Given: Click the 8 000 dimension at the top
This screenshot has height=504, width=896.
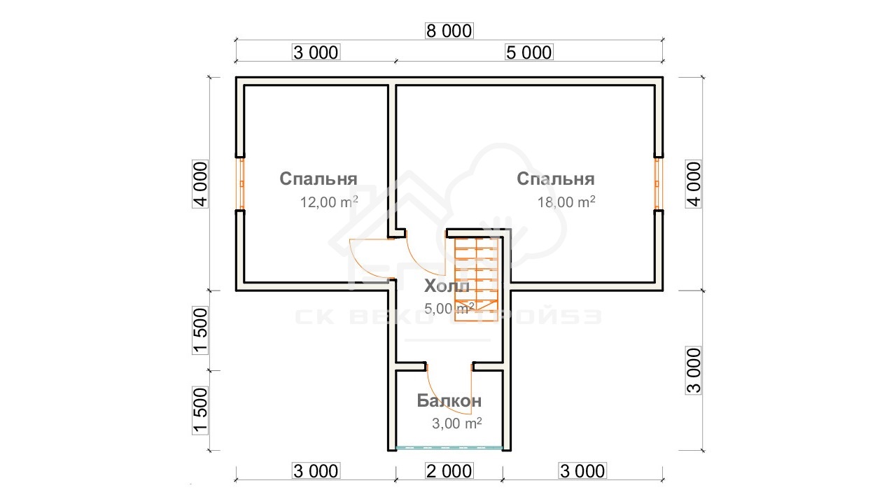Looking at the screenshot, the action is tap(449, 31).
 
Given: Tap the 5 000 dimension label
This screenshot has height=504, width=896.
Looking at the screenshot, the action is tap(528, 52).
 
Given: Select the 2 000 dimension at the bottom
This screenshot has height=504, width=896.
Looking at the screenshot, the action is tap(449, 471).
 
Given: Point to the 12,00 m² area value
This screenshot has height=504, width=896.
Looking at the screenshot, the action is tap(329, 202).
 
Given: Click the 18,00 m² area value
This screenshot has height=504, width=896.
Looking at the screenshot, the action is tap(566, 202).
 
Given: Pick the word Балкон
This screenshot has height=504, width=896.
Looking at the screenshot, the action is tap(449, 400).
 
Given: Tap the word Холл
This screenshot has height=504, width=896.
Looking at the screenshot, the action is tap(447, 286).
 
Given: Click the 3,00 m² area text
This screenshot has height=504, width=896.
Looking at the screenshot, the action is tap(457, 423).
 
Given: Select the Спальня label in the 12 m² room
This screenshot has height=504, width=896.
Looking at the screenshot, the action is tap(318, 178).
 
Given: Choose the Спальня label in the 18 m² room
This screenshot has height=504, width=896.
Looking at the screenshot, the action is tap(556, 178).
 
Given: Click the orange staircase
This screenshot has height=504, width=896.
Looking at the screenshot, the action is tap(477, 280).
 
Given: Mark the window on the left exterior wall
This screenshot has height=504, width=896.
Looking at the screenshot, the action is tap(241, 183).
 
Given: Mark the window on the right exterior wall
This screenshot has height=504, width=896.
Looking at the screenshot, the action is tap(657, 183).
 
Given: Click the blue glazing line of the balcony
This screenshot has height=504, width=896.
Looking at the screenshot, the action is tap(449, 447).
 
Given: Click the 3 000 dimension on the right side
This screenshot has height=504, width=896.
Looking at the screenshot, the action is tap(694, 370).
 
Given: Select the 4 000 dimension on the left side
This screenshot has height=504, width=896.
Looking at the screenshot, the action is tap(200, 184).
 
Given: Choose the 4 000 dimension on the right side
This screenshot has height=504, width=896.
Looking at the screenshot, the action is tap(694, 184).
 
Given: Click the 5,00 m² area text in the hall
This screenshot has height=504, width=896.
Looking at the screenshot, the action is tap(449, 309).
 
